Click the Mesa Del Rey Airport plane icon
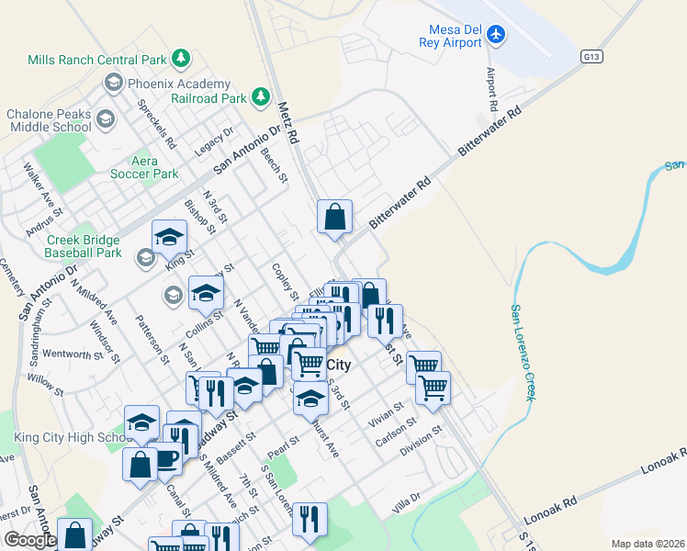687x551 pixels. [x=497, y=34]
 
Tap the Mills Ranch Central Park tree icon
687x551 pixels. [x=182, y=59]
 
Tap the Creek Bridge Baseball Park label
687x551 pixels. [x=84, y=246]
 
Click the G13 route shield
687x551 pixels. [x=591, y=57]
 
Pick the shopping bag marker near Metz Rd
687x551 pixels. [x=335, y=218]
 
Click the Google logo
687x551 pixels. [x=30, y=540]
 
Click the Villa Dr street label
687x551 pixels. [x=405, y=502]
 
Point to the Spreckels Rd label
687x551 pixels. [x=156, y=126]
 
